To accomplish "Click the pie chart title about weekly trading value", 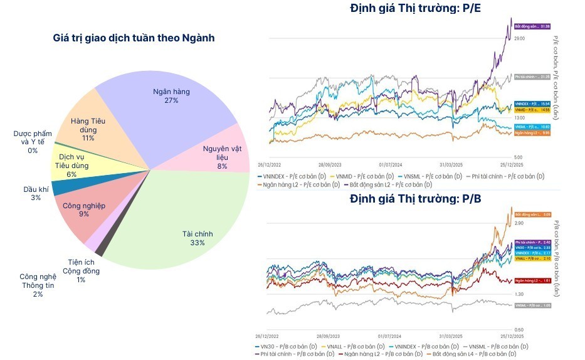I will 134,38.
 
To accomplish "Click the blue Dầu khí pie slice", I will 61,187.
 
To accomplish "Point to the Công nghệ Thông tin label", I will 38,285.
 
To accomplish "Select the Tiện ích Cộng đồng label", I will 83,271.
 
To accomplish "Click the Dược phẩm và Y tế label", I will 33,142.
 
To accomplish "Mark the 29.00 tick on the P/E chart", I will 519,39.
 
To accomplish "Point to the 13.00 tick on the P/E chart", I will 519,118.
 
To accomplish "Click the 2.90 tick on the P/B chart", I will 519,223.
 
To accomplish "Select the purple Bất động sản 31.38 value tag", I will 532,26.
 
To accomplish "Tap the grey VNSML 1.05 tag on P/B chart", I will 532,305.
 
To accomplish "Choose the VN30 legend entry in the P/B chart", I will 285,346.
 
